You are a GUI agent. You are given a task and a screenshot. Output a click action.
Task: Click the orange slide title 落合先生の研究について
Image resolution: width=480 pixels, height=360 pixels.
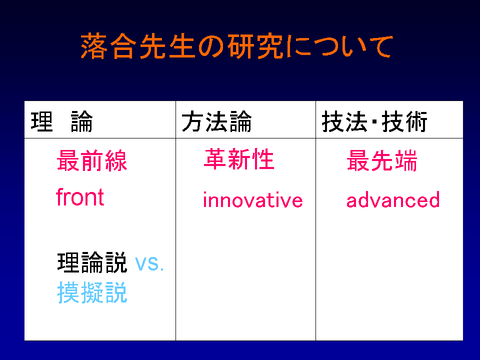tap(236, 46)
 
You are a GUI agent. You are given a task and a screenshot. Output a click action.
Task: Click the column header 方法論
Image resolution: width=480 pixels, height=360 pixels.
tap(216, 121)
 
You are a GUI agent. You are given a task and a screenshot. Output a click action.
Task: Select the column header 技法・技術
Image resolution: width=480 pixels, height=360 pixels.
tap(374, 121)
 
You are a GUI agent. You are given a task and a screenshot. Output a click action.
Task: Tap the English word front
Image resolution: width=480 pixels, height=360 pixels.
tap(80, 197)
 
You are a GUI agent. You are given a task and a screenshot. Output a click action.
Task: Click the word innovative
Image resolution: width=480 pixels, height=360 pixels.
tap(253, 199)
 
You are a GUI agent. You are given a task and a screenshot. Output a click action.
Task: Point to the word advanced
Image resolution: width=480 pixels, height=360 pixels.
tap(393, 199)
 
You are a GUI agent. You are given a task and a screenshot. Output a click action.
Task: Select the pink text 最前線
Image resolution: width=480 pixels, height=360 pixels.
tap(92, 160)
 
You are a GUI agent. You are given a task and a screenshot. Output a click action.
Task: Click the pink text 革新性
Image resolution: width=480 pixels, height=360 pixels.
tap(239, 159)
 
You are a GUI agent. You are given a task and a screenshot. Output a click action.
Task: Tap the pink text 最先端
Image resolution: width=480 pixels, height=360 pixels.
tap(382, 160)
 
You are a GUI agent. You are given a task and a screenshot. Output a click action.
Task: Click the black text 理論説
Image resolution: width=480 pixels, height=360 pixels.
tap(92, 262)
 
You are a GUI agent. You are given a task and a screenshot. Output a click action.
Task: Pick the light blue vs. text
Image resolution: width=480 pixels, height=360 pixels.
tap(149, 263)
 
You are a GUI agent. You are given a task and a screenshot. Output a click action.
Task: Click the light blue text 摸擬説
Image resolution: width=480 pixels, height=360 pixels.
tap(92, 292)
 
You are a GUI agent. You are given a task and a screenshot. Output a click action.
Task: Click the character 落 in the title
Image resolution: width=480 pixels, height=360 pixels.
tap(93, 46)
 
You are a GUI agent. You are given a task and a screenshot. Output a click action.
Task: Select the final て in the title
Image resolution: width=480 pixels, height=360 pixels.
tap(380, 46)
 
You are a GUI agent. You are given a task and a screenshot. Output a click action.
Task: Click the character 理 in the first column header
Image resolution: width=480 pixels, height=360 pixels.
tap(42, 121)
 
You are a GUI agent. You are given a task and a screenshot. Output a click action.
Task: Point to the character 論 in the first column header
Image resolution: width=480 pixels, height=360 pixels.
tap(81, 121)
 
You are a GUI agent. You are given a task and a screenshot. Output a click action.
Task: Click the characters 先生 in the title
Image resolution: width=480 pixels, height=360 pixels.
tap(167, 46)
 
